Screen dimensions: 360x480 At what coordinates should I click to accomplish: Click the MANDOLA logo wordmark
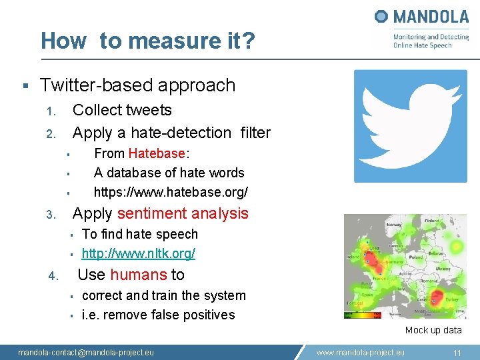click(422, 17)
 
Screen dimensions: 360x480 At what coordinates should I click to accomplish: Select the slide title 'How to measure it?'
click(147, 41)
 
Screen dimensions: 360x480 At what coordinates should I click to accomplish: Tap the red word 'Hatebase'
click(157, 153)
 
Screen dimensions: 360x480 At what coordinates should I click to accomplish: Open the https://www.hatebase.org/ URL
click(171, 192)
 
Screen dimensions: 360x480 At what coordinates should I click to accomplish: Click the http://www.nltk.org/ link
click(138, 253)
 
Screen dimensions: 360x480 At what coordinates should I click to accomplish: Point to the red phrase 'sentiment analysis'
click(182, 213)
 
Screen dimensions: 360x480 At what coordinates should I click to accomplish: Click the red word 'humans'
click(138, 275)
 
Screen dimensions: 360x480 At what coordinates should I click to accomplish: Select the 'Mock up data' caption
click(433, 330)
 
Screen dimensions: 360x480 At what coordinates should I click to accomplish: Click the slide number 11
click(457, 353)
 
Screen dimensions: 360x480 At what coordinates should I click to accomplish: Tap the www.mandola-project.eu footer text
click(360, 353)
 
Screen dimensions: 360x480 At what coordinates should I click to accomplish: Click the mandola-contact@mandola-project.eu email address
click(85, 353)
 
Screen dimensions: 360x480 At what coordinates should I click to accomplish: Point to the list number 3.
click(50, 215)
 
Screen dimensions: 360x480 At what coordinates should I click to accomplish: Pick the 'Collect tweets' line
click(122, 110)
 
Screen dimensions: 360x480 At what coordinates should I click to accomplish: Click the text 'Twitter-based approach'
click(137, 85)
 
